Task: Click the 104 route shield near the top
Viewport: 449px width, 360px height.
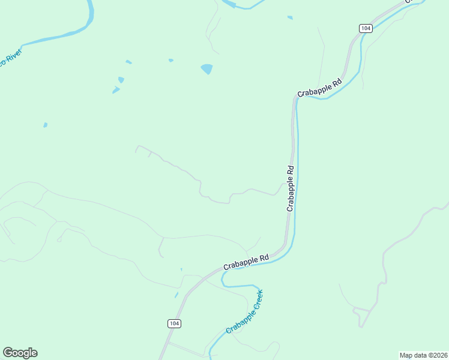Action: click(x=366, y=28)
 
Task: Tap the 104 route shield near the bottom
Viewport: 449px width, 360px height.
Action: click(x=173, y=323)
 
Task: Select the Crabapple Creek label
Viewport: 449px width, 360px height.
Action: click(x=245, y=313)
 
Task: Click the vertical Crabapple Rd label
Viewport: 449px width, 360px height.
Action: click(x=291, y=188)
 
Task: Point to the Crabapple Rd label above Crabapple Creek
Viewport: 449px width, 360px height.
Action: click(x=246, y=262)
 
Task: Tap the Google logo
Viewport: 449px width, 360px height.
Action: click(x=20, y=352)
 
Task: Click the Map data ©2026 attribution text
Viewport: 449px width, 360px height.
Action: click(x=424, y=355)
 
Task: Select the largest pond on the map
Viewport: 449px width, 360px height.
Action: click(x=206, y=69)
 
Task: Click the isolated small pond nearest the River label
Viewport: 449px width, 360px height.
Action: click(x=45, y=125)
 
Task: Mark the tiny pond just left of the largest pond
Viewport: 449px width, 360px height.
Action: click(x=171, y=60)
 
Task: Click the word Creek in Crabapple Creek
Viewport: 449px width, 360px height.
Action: click(x=256, y=300)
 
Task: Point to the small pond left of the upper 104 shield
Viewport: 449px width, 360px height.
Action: click(x=290, y=17)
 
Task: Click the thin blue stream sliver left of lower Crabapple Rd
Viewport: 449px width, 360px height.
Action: click(x=176, y=294)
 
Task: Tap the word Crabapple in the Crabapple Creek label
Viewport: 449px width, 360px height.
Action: click(x=238, y=321)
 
